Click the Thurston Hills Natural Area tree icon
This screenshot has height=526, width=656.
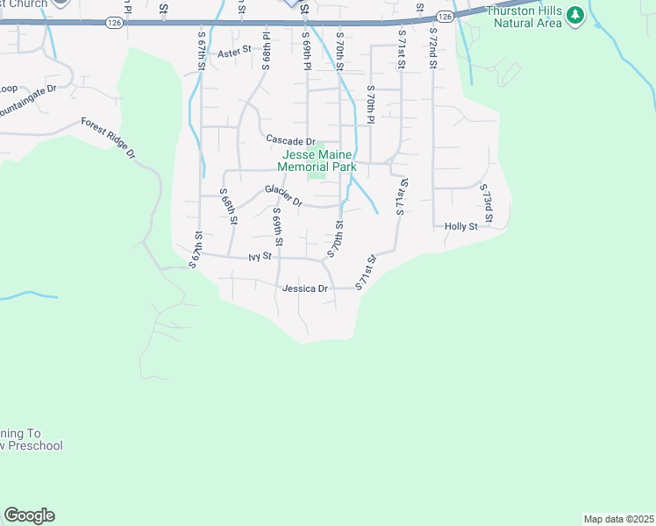pyautogui.click(x=575, y=15)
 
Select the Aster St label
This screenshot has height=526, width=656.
pyautogui.click(x=234, y=53)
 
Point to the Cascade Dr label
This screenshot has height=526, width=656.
pyautogui.click(x=290, y=140)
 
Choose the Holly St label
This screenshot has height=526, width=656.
pyautogui.click(x=460, y=225)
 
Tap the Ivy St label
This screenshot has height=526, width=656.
pyautogui.click(x=261, y=257)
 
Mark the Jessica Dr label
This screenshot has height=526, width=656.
pyautogui.click(x=304, y=288)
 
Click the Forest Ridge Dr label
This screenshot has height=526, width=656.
pyautogui.click(x=109, y=138)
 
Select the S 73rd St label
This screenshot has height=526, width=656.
pyautogui.click(x=486, y=203)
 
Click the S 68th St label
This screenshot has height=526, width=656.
pyautogui.click(x=228, y=207)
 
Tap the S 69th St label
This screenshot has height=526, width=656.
pyautogui.click(x=277, y=226)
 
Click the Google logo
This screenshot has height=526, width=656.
pyautogui.click(x=29, y=515)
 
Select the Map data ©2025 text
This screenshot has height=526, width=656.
pyautogui.click(x=618, y=518)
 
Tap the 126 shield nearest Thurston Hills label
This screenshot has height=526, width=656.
pyautogui.click(x=444, y=17)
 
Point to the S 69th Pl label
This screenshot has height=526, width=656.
pyautogui.click(x=306, y=54)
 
